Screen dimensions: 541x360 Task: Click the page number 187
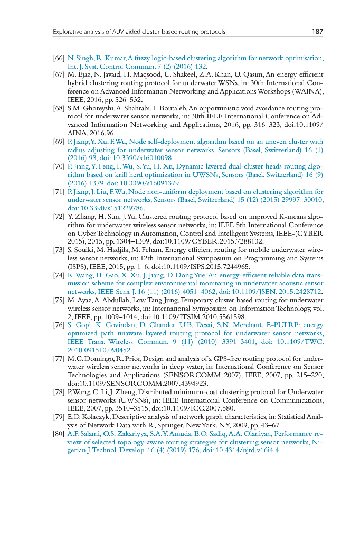click(317, 32)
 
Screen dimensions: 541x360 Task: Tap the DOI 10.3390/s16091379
click(154, 183)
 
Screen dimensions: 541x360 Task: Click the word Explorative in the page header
click(67, 32)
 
